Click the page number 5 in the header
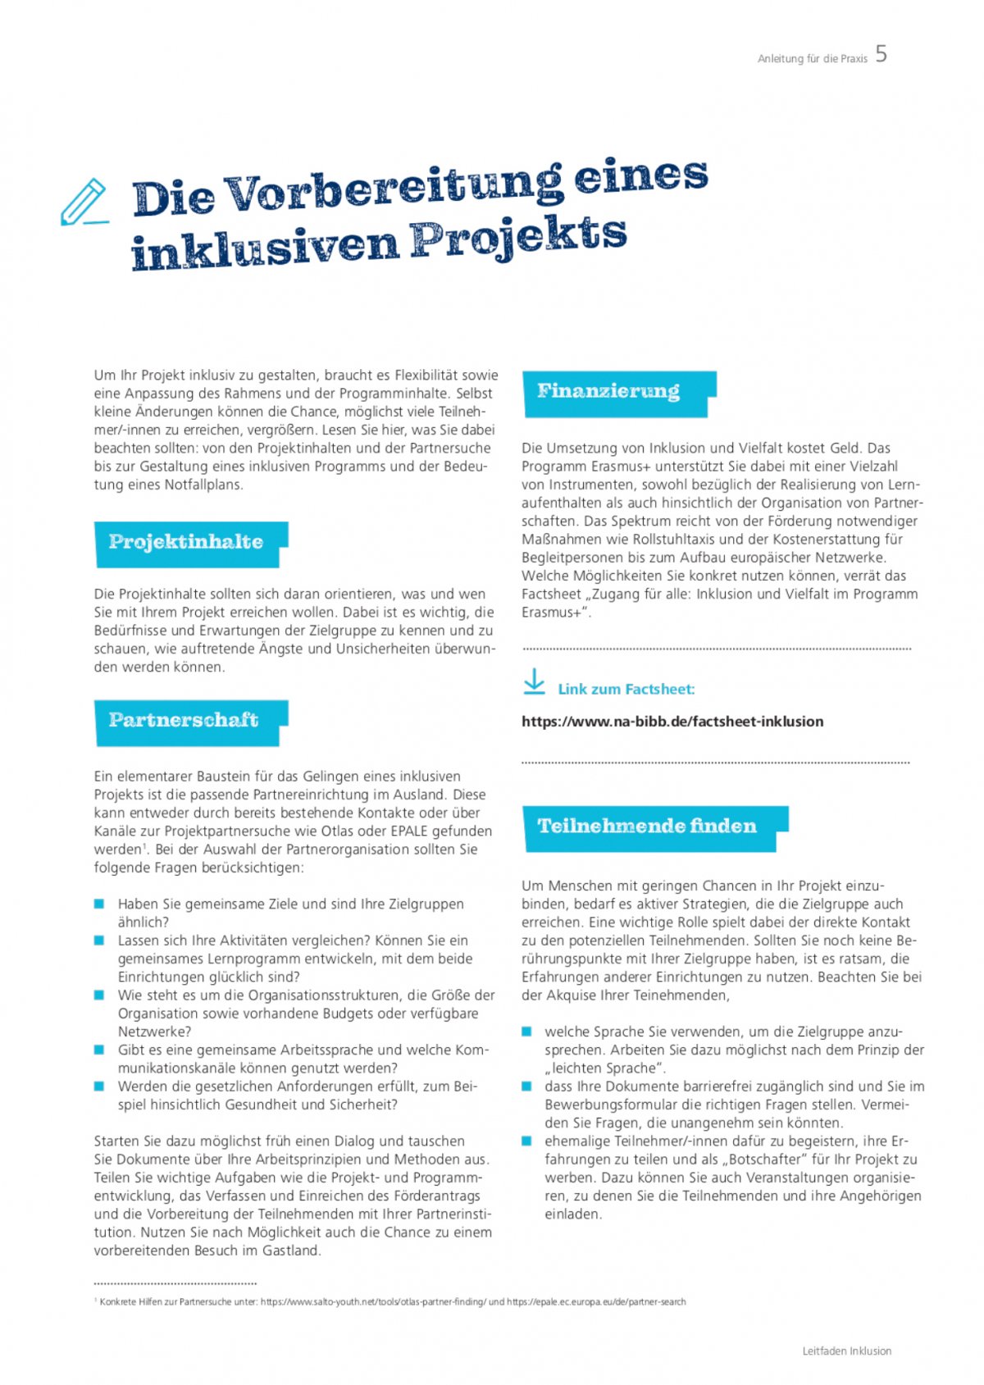881,54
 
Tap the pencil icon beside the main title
84,202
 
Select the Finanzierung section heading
608,391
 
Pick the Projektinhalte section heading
186,542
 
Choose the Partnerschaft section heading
184,720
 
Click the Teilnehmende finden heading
647,826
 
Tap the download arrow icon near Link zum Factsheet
534,682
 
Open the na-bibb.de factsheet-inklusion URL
672,722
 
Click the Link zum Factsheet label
626,690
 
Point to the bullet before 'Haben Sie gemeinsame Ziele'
99,904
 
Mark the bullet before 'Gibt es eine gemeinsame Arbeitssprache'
99,1050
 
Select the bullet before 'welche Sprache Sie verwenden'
526,1032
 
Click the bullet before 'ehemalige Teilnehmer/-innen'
526,1141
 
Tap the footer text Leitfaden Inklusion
846,1351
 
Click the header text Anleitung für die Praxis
812,59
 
